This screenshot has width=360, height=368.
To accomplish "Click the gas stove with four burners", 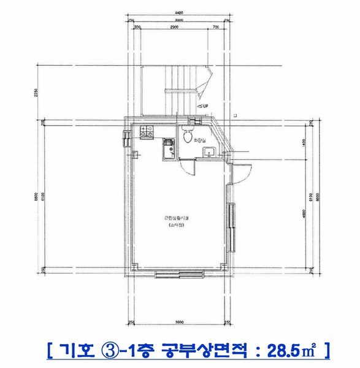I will pos(147,130).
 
